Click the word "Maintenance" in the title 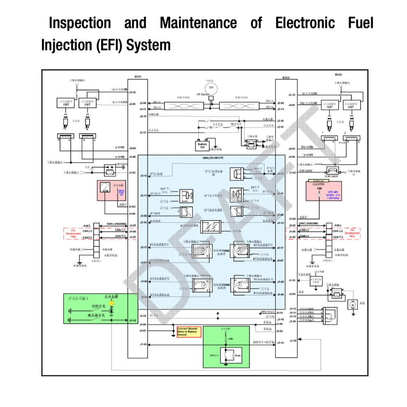coord(198,23)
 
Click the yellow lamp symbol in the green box coord(110,302)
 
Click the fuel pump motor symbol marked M coord(352,305)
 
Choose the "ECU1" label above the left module coord(138,77)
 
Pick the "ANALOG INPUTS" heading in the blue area coord(213,158)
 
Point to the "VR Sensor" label coord(203,94)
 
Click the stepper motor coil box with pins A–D coord(330,314)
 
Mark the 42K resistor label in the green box coord(230,339)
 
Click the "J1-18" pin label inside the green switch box coord(132,320)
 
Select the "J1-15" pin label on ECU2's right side coord(292,280)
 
